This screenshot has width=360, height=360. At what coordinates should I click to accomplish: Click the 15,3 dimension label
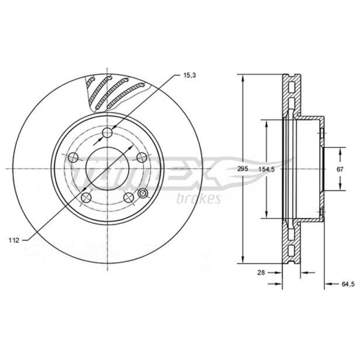point(189,75)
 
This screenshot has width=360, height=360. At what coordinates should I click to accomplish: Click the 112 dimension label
point(14,240)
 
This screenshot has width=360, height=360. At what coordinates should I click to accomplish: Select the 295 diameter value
point(243,169)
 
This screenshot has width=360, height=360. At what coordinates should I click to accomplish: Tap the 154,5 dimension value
point(266,170)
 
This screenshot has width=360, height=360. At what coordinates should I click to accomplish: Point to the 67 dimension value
point(340,170)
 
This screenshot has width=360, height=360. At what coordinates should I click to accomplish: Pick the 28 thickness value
point(261,273)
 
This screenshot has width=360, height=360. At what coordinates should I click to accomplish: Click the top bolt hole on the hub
point(107,132)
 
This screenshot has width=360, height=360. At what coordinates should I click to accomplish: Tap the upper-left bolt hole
point(73,157)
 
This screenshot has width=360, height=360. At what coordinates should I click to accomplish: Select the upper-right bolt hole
point(141,157)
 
